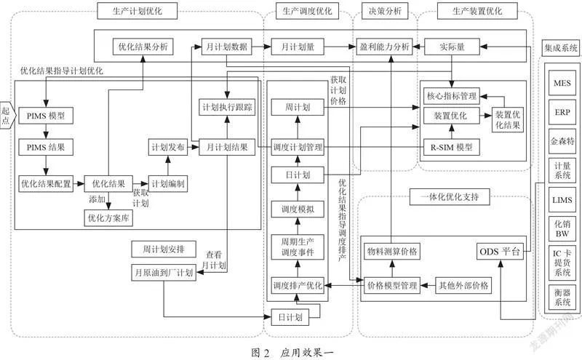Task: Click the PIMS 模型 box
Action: click(46, 116)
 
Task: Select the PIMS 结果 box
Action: click(46, 148)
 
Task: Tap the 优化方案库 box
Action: click(108, 218)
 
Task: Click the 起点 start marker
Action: click(7, 115)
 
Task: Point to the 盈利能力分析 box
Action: click(384, 47)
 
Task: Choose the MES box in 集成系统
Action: click(562, 83)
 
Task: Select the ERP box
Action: click(562, 112)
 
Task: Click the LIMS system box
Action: click(562, 200)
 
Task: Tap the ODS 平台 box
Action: click(500, 252)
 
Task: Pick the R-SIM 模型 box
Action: click(451, 148)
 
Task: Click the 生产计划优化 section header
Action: click(137, 11)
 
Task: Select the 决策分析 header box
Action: click(385, 11)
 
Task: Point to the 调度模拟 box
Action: click(298, 209)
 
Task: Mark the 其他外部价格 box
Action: click(463, 285)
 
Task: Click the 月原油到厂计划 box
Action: click(164, 273)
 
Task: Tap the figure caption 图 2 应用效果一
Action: click(292, 352)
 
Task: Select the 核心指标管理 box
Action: click(451, 96)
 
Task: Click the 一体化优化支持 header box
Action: click(450, 196)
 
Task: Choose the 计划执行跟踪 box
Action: click(227, 107)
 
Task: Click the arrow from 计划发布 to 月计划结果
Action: click(193, 148)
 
